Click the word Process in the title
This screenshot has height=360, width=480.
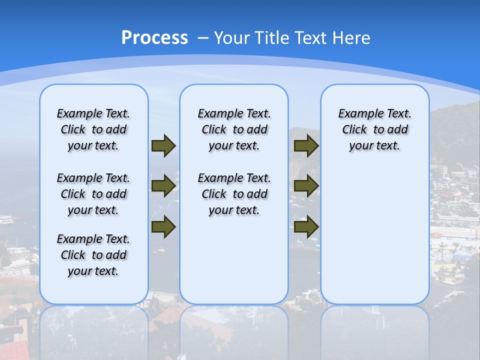pyautogui.click(x=154, y=37)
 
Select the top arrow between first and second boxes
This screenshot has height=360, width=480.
pyautogui.click(x=163, y=145)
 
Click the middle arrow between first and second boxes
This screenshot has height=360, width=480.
pyautogui.click(x=163, y=186)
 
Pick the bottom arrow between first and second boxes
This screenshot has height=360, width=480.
pyautogui.click(x=163, y=226)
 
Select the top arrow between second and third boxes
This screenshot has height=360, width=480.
pyautogui.click(x=306, y=145)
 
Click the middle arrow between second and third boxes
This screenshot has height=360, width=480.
pyautogui.click(x=306, y=186)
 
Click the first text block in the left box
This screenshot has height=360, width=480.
pyautogui.click(x=93, y=129)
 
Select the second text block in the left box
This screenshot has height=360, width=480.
pyautogui.click(x=93, y=194)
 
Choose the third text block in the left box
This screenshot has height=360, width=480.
pyautogui.click(x=93, y=255)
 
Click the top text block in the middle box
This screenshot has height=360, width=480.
pyautogui.click(x=234, y=129)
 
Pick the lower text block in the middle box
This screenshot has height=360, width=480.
pyautogui.click(x=234, y=194)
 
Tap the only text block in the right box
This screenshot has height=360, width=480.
pyautogui.click(x=374, y=129)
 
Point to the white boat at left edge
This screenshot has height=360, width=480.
pyautogui.click(x=6, y=219)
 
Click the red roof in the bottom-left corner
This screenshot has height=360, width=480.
pyautogui.click(x=12, y=350)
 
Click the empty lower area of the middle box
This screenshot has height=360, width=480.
pyautogui.click(x=234, y=260)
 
